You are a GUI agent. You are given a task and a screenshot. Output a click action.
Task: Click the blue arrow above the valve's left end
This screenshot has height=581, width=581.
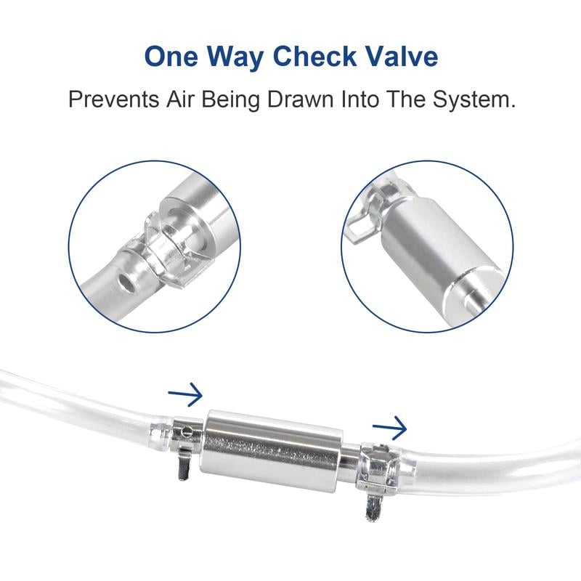tap(186, 396)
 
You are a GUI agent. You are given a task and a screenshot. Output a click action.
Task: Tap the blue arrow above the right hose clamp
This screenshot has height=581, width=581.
tap(389, 429)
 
